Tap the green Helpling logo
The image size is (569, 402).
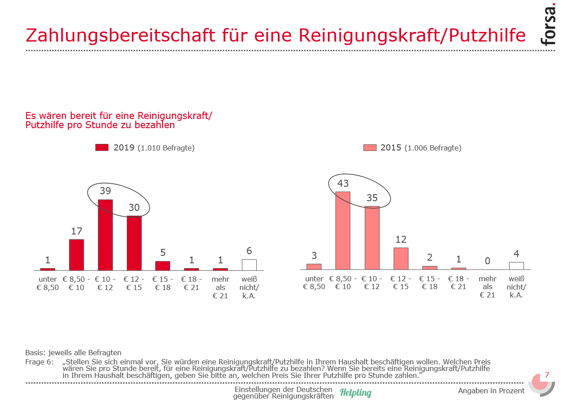356,392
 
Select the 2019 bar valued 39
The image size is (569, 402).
105,235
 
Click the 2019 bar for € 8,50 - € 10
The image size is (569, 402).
77,255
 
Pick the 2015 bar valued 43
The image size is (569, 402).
343,231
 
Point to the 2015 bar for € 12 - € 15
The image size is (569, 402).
401,259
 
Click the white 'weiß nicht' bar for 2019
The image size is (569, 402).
249,265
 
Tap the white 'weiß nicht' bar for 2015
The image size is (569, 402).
516,266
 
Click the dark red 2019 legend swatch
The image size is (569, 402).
101,147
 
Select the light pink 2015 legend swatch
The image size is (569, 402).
370,148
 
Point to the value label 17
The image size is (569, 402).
77,231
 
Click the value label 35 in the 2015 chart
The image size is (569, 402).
372,198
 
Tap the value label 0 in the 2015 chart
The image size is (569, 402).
487,261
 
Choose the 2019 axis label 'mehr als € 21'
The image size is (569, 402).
220,287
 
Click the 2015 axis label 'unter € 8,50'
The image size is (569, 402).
314,283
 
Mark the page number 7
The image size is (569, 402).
546,375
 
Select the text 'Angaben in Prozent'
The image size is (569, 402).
491,391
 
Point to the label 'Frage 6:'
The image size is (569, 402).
40,362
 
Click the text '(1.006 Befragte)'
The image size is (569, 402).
433,148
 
